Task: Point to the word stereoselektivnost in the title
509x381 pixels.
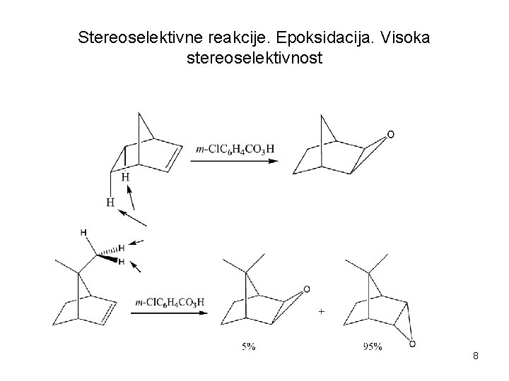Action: [x=254, y=57]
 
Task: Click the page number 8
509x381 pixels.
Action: [x=476, y=356]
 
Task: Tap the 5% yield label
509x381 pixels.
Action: [x=249, y=346]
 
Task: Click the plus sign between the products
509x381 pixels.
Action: [x=322, y=310]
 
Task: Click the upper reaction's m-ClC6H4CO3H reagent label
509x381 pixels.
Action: [x=235, y=149]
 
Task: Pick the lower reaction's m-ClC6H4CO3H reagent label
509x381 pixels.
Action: [x=170, y=302]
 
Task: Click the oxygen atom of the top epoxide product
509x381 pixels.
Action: [x=390, y=134]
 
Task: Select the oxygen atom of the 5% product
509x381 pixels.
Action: [x=306, y=289]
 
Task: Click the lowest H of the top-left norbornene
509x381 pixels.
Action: [x=110, y=202]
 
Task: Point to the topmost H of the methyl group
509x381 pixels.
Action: [x=83, y=233]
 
